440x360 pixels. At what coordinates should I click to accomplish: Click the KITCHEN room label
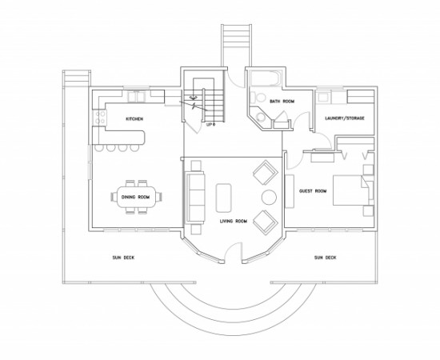pos(134,119)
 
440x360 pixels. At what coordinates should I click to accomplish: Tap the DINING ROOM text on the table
pos(135,197)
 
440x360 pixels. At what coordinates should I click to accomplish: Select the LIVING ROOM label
pos(234,221)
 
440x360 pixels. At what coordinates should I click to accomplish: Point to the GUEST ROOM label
pos(313,191)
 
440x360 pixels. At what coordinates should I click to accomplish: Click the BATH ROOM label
pos(282,101)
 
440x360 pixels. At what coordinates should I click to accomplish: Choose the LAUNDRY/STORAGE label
pos(345,118)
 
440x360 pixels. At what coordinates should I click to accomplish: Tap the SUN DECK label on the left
pos(123,258)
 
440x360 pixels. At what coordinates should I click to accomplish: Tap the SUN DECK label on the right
pos(325,258)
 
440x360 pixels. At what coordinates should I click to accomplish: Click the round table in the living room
pos(269,198)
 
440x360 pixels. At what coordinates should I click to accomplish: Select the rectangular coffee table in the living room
pos(224,198)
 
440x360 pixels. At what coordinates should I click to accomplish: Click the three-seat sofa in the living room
pos(195,198)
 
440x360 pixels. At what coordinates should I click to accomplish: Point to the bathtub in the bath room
pos(266,79)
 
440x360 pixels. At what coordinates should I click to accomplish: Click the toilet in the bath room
pos(258,98)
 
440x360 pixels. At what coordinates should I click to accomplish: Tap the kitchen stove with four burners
pos(100,118)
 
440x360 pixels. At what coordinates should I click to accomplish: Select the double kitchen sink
pos(136,97)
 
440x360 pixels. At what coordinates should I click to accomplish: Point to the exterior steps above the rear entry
pos(236,45)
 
